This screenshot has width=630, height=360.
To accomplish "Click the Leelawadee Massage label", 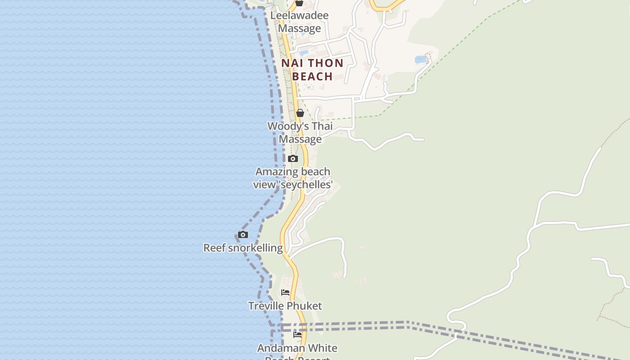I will [299, 22].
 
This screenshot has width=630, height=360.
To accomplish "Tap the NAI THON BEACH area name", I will [312, 69].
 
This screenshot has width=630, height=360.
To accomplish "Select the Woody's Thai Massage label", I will [300, 132].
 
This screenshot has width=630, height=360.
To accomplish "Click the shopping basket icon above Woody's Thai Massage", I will [300, 113].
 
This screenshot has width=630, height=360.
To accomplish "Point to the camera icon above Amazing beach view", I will [293, 158].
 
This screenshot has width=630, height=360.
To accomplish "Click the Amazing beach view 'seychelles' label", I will [292, 178].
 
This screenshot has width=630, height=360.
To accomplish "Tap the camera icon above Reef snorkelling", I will [243, 234].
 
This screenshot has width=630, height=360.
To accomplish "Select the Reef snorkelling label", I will [243, 247].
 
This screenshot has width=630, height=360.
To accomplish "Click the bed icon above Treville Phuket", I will [285, 292].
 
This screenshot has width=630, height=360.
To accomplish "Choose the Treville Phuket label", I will [285, 306].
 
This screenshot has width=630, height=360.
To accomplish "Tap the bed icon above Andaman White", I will [297, 335].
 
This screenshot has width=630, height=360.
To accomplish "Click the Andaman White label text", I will [297, 348].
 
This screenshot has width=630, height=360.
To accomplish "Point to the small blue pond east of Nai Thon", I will [421, 59].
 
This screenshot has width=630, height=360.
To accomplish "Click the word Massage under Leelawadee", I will [299, 28].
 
